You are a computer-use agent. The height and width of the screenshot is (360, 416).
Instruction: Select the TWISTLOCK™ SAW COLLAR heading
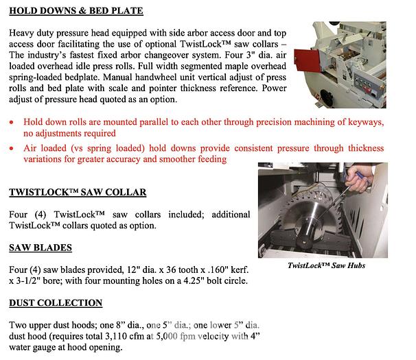point(78,193)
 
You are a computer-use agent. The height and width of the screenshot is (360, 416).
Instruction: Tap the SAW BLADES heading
point(41,247)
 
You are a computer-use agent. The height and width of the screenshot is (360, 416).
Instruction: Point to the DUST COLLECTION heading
point(56,302)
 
